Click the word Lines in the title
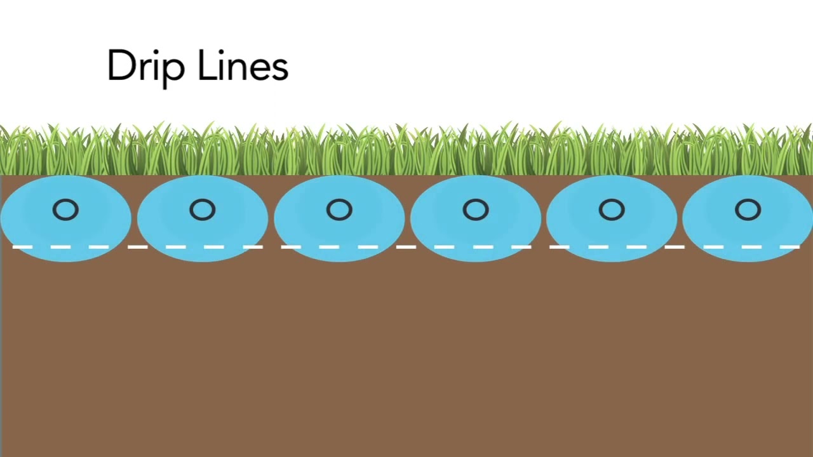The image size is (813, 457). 243,65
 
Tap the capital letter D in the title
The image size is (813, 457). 121,65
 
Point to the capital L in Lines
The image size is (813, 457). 208,65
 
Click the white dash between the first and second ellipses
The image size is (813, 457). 138,247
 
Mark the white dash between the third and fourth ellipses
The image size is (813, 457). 406,247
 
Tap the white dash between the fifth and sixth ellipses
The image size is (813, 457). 675,247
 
